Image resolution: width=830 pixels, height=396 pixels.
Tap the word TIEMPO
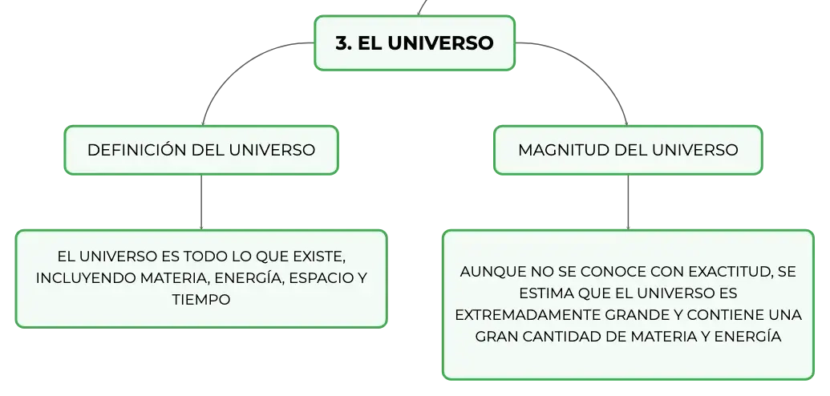point(201,300)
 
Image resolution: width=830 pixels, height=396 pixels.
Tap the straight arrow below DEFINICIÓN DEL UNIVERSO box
point(201,202)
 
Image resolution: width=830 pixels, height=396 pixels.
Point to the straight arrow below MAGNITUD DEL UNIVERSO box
point(629,202)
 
